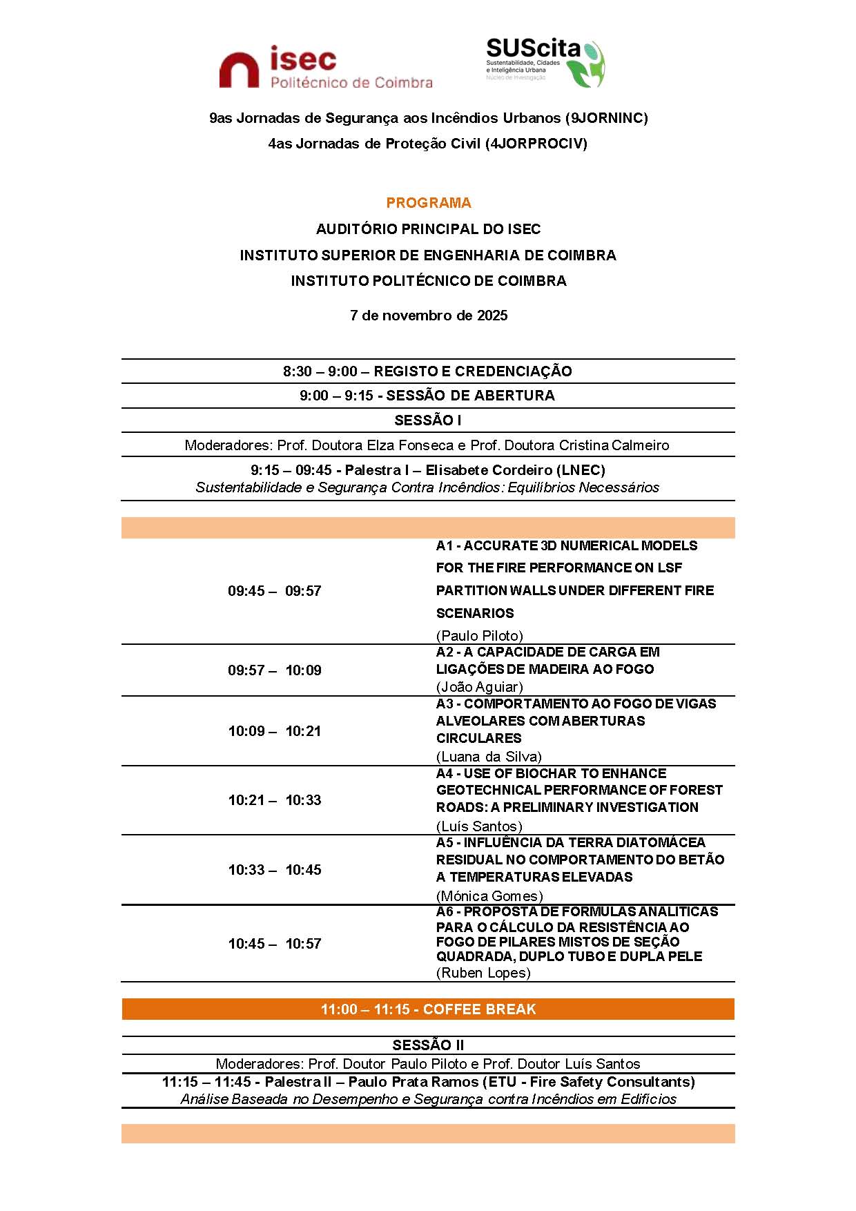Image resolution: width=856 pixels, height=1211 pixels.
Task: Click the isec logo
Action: coord(325,67)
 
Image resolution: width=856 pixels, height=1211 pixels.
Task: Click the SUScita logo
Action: coord(545,62)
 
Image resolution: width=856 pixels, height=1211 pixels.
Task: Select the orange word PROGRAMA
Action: coord(428,203)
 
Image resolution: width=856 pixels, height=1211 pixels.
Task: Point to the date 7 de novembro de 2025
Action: coord(428,316)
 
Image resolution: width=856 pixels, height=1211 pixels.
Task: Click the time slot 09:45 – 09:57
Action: coord(274,591)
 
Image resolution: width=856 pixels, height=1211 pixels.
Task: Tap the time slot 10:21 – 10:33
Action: coord(274,800)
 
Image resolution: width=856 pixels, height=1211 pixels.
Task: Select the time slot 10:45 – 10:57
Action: coord(274,944)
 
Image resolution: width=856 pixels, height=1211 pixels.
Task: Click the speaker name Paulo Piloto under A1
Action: coord(479,636)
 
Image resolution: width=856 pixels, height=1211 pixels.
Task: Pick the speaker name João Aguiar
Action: coord(479,687)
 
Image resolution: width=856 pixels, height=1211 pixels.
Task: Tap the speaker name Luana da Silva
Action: coord(489,757)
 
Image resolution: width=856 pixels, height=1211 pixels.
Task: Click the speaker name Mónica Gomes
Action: coord(489,896)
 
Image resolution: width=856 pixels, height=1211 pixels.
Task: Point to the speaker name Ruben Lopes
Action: coord(483,973)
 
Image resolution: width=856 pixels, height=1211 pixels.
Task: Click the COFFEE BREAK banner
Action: coord(428,1009)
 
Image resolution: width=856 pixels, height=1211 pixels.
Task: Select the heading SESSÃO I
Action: coord(428,420)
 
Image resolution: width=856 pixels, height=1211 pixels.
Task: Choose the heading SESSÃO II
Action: coord(428,1045)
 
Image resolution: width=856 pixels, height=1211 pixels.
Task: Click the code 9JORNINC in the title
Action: coord(606,118)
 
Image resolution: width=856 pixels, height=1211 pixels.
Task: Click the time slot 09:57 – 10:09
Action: coord(274,670)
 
